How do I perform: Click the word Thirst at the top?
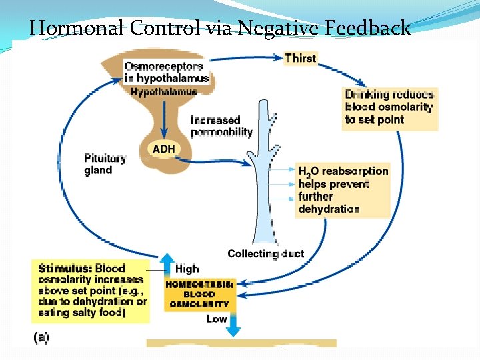[300, 58]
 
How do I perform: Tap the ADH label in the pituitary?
[164, 149]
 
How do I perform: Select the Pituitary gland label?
[105, 164]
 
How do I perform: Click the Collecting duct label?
[265, 253]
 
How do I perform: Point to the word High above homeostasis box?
[187, 269]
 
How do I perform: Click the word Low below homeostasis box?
[216, 319]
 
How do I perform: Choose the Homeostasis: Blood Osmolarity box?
[199, 294]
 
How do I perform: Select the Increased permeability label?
[221, 126]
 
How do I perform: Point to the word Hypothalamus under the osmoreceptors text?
[164, 91]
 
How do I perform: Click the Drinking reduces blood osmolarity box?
[389, 107]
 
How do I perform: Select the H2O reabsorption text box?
[342, 190]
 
